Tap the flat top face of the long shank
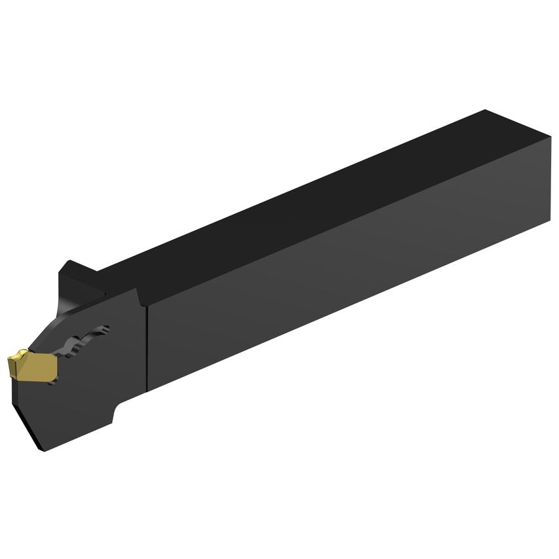click(314, 190)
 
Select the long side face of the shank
click(340, 262)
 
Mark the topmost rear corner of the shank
click(485, 109)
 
